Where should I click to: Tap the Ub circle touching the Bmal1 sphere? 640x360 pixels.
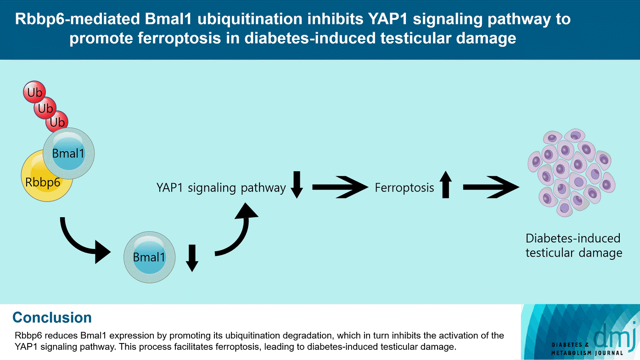57,123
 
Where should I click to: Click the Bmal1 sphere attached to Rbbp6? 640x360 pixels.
69,153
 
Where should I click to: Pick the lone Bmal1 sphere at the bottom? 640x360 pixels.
149,257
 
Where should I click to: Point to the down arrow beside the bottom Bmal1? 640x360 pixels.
192,258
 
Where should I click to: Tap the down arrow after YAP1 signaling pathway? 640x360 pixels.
297,184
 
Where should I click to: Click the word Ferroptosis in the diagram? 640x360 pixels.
404,188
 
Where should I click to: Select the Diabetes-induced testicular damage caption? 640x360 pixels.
573,246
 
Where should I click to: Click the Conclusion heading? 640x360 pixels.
52,318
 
